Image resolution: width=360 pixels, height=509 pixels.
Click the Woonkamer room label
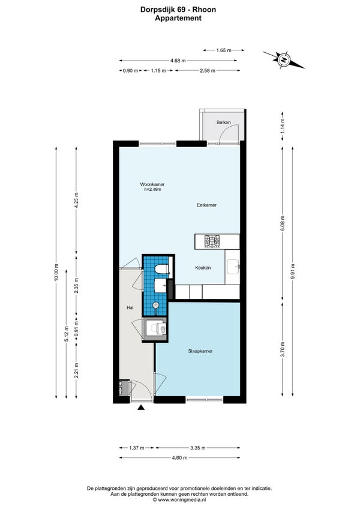coord(152,184)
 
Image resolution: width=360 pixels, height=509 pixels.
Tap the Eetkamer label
coord(207,205)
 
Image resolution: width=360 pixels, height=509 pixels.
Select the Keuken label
coord(203,268)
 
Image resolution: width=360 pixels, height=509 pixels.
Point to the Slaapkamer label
coord(200,351)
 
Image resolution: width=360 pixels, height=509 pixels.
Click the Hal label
coord(130,308)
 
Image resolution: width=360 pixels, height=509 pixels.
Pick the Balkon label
coord(224,122)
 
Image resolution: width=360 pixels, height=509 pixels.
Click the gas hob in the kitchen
coord(212,242)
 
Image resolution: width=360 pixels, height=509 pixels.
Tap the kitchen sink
coord(233,267)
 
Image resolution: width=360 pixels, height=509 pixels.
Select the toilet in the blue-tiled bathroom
coord(161,269)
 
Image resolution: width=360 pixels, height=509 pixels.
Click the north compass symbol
coord(284,60)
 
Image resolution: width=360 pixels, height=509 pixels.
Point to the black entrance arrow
coord(141,408)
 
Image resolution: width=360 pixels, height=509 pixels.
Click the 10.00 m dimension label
coord(56,273)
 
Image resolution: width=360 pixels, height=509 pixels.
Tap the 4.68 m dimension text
coord(178,61)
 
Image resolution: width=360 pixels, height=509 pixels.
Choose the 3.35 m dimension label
coord(197,448)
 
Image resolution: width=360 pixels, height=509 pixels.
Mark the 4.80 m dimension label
coord(179,458)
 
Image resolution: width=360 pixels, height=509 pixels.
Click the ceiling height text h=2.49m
coord(152,189)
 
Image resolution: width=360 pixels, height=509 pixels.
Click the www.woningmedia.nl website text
coord(179,500)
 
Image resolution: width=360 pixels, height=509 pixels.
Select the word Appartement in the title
coord(178,18)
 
